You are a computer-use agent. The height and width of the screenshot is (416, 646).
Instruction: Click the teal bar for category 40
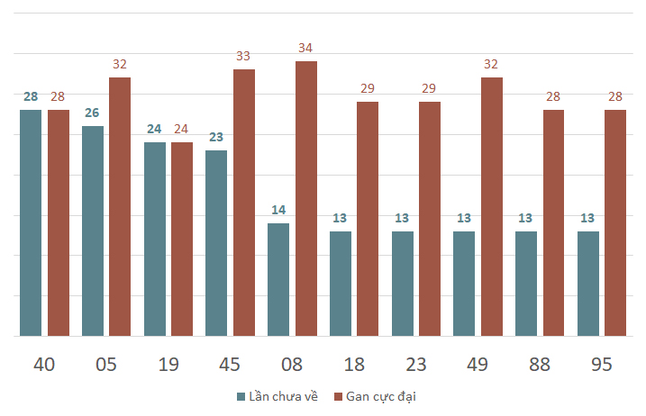point(31,222)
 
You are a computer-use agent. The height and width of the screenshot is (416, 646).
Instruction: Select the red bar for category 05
point(120,207)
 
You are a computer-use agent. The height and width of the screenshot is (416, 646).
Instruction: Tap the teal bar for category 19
point(155,240)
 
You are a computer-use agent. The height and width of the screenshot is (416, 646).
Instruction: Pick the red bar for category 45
point(244,203)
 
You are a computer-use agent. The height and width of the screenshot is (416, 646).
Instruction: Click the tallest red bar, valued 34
point(306,198)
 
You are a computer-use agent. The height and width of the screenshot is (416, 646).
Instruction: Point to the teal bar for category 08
point(278,280)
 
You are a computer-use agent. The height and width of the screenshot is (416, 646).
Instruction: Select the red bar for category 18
point(368,219)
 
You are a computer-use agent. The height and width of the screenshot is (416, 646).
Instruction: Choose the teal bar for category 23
point(403,284)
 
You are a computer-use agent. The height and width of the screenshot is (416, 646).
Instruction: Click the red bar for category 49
point(492,207)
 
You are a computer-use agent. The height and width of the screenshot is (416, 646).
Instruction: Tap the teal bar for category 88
point(526,284)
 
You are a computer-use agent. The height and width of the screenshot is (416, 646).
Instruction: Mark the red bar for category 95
point(615,222)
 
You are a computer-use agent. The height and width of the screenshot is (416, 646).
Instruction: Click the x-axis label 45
point(230,365)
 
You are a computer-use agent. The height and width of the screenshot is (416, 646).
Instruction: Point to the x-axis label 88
point(540,365)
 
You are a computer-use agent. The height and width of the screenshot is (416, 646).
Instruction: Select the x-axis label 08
point(292,365)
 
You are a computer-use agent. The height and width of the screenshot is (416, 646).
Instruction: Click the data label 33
point(243,56)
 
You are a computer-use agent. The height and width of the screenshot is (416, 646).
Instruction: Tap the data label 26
point(92,113)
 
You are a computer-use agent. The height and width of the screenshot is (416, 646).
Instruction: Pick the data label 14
point(278,210)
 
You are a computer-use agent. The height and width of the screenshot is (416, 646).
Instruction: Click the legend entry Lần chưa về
point(278,397)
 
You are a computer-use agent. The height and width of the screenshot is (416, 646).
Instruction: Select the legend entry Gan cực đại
point(375,397)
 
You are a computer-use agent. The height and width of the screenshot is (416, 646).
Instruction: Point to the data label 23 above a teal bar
point(216,137)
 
